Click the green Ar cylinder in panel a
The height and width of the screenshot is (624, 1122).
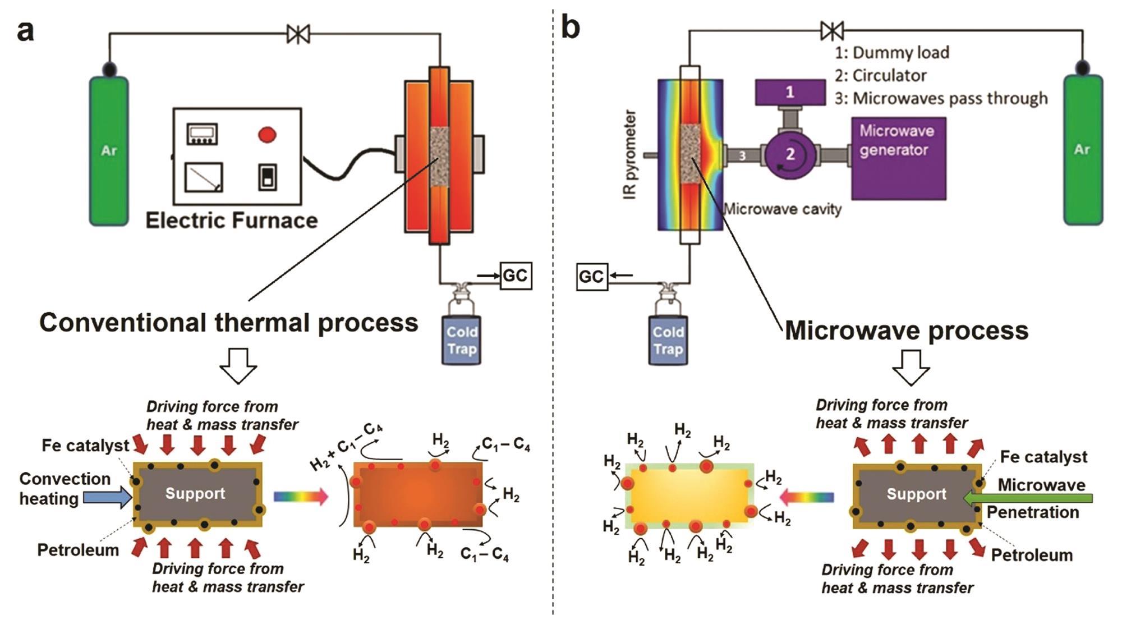click(109, 150)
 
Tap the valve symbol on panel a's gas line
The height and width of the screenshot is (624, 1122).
click(298, 34)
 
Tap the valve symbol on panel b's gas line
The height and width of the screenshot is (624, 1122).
click(831, 31)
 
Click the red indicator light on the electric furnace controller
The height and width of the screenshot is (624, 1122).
click(267, 135)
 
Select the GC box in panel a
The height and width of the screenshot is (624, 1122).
click(516, 276)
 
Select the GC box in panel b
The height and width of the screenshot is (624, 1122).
click(592, 277)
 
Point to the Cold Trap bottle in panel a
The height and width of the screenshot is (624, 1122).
click(461, 339)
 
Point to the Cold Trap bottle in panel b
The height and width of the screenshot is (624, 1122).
click(668, 339)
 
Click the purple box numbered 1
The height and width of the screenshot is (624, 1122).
click(790, 92)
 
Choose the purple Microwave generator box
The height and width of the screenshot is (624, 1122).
click(898, 158)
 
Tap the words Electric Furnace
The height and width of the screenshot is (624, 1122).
click(231, 221)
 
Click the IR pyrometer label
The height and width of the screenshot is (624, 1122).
click(631, 154)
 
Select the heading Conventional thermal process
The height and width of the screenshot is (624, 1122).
click(228, 323)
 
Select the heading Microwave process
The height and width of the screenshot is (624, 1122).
click(906, 331)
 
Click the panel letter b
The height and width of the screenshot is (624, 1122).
click(570, 28)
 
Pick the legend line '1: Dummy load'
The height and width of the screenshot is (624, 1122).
click(892, 53)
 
